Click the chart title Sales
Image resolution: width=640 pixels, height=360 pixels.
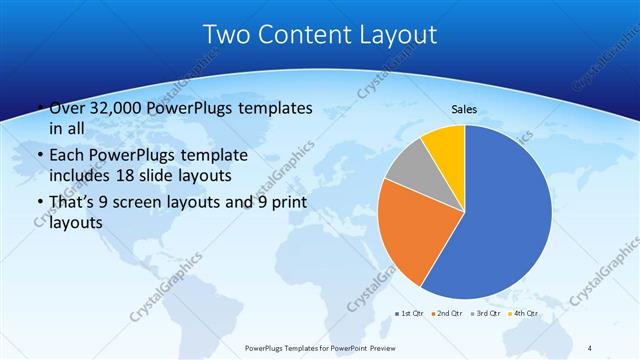pos(464,108)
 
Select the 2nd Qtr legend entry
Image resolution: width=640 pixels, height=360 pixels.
pos(447,314)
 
